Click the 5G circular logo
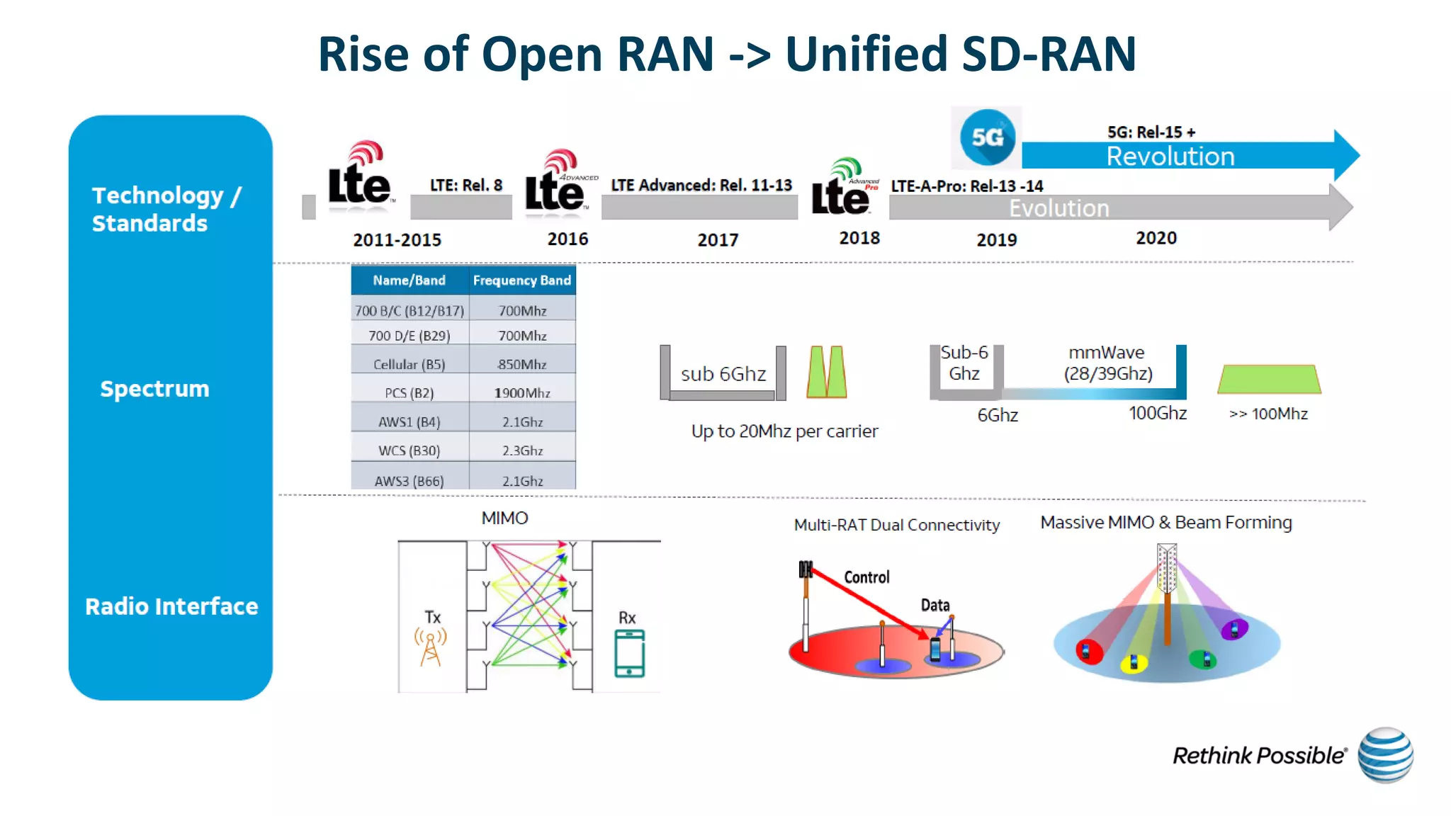click(987, 137)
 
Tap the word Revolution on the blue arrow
click(1170, 157)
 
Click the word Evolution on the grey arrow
click(1058, 208)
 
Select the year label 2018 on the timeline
click(859, 239)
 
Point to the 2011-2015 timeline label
click(397, 240)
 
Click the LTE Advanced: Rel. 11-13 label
click(701, 186)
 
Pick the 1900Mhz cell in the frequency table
click(522, 393)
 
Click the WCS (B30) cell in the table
click(410, 450)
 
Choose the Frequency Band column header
click(522, 280)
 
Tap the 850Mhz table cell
click(522, 365)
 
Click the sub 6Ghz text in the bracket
click(723, 374)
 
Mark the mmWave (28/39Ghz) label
click(1107, 363)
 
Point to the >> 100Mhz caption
click(1268, 414)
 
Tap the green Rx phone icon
click(629, 654)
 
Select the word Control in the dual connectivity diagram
click(866, 577)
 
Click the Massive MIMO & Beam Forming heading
click(1165, 523)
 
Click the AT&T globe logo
click(1385, 755)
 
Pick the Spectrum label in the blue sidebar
click(154, 389)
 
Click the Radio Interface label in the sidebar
click(171, 606)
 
